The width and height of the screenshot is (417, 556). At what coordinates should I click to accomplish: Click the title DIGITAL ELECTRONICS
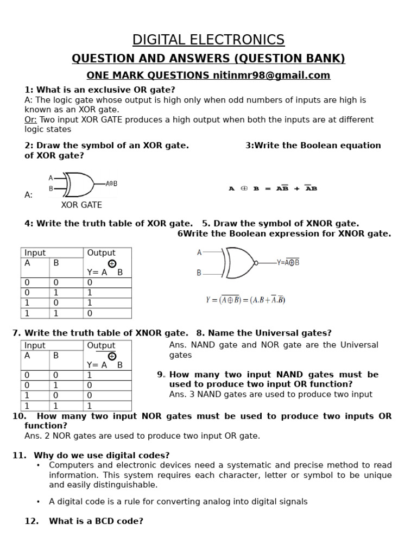pos(208,40)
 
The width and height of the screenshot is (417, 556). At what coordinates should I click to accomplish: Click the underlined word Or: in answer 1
pos(30,119)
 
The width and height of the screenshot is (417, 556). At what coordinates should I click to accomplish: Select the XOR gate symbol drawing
pos(79,184)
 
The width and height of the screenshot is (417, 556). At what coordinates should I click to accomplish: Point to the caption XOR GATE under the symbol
pos(81,205)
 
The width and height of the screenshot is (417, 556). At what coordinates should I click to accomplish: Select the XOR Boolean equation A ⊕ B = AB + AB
pos(273,188)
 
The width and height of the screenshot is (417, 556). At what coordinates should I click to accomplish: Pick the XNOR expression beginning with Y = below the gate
pos(245,300)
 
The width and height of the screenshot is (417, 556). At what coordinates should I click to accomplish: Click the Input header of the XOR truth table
pos(35,252)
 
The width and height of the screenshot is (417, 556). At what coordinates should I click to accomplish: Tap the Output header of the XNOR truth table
pos(101,345)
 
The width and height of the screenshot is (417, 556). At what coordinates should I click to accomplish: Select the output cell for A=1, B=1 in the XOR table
pos(90,313)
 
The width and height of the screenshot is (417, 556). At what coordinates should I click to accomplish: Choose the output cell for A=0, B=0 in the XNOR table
pos(90,375)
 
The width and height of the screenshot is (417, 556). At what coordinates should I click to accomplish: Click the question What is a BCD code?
pos(96,521)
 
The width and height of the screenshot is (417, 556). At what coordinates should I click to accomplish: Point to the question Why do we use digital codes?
pos(102,456)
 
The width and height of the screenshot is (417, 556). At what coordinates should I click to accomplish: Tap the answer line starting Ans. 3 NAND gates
pos(270,394)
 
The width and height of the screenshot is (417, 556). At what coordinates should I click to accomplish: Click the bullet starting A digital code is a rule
pos(178,502)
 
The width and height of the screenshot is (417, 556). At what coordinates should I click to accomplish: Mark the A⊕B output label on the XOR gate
pos(111,184)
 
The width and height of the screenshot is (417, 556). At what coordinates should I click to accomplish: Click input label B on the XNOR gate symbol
pos(199,273)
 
